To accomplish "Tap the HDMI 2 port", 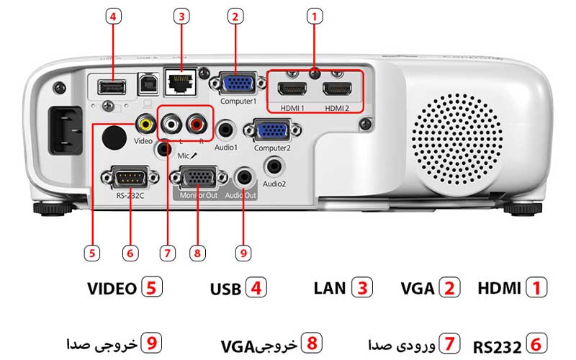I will (337, 90).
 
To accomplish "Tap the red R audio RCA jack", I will (196, 124).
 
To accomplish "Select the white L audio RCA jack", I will (171, 124).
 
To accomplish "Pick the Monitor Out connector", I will (197, 177).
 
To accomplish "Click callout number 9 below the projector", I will (243, 253).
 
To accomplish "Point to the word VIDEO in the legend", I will (112, 289).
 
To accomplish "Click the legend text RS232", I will (497, 347).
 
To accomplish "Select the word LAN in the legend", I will (330, 288).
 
